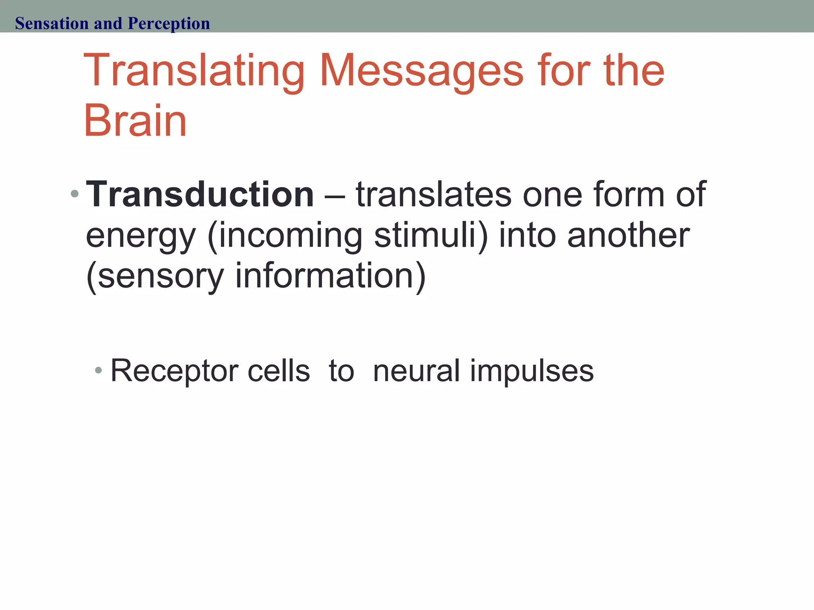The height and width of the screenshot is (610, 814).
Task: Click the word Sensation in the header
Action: point(52,23)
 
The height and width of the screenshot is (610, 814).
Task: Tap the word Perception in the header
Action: point(169,24)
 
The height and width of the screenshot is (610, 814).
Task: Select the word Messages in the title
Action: point(421,71)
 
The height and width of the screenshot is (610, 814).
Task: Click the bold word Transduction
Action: point(200,195)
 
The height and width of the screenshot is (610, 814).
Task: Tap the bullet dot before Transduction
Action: point(74,194)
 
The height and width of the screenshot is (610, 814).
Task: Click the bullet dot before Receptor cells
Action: point(99,371)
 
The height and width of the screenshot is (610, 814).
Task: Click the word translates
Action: point(434,195)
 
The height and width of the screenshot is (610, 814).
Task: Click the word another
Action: point(628,235)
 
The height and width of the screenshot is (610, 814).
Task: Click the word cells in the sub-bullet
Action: point(278,371)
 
